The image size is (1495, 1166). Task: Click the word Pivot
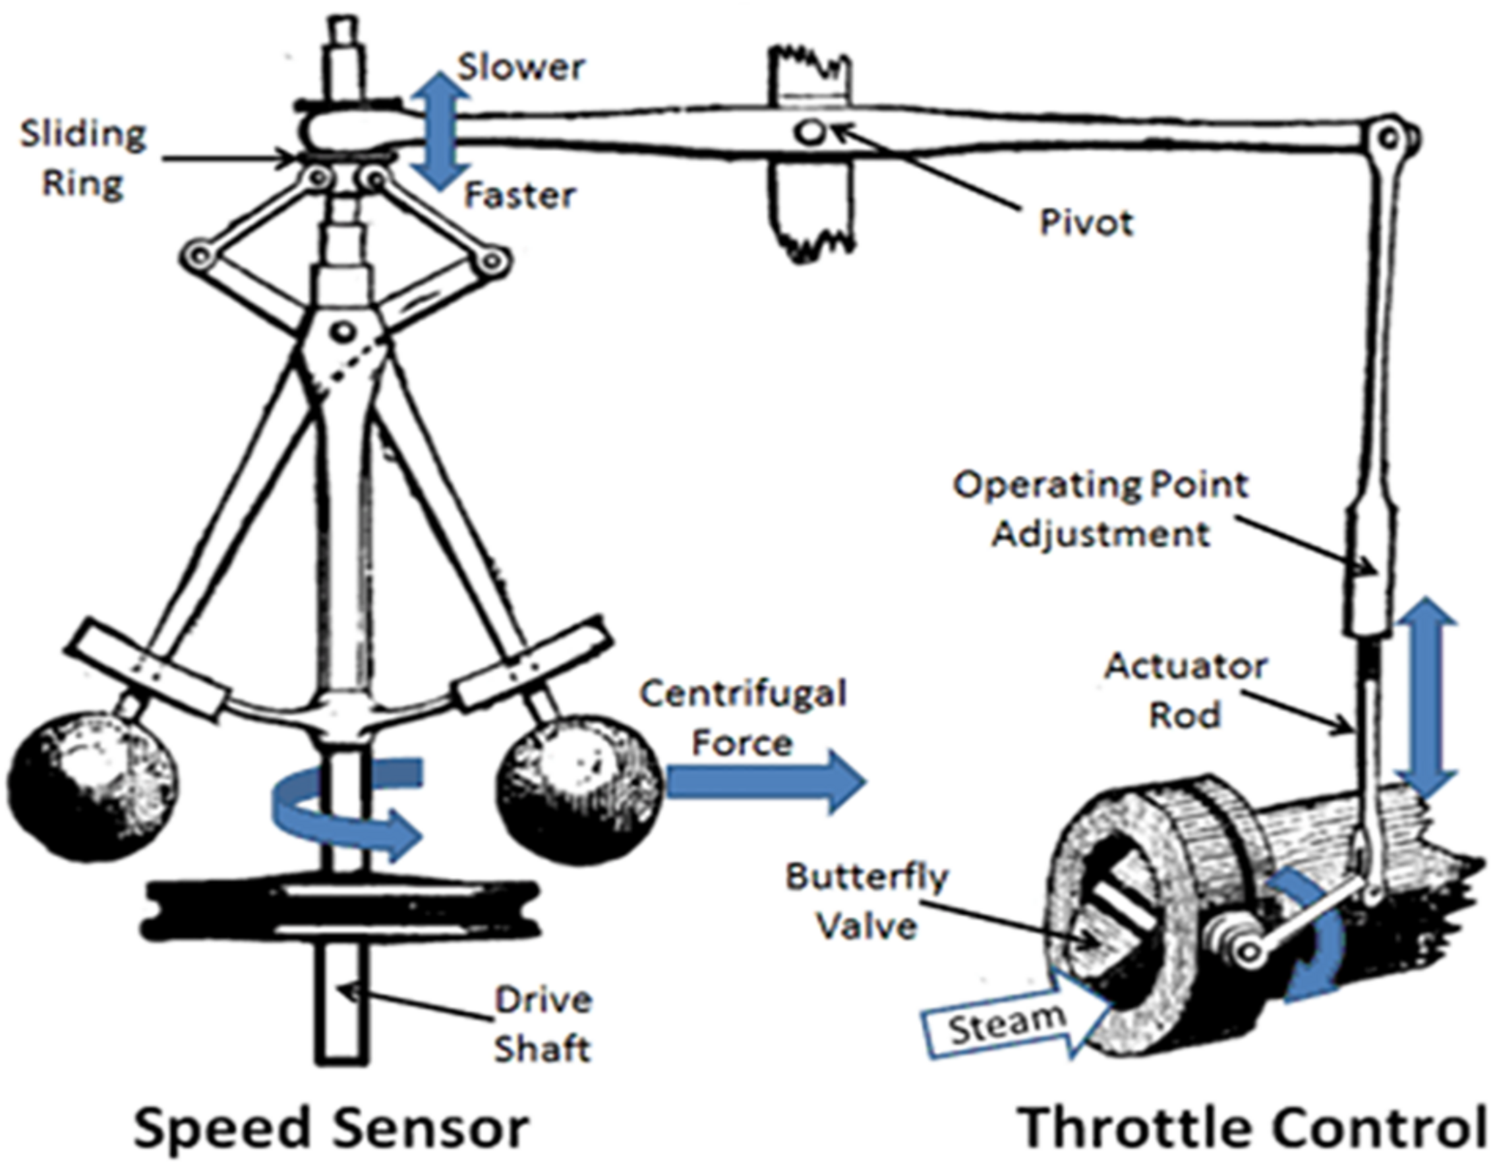1086,223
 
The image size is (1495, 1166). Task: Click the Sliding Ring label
83,159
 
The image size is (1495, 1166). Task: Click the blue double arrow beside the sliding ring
444,131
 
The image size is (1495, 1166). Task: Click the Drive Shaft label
542,1025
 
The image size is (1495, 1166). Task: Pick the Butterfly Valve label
866,902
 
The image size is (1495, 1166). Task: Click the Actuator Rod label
1185,691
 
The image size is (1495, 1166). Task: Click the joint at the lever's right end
1388,138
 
